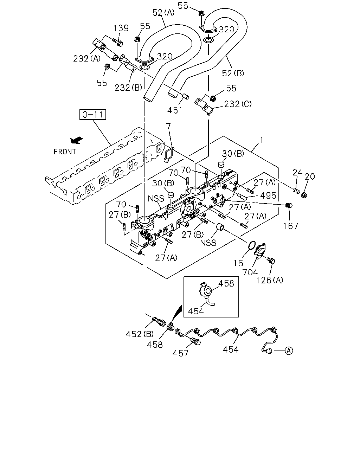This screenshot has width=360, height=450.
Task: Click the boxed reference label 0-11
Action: coord(92,114)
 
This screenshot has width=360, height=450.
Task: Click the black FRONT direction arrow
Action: coord(77,140)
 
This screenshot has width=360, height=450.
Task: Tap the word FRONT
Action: coord(65,152)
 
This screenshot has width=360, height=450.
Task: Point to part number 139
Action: coord(121,28)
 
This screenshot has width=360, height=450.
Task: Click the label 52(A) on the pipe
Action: coord(163,13)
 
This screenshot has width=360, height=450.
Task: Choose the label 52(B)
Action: coord(233,73)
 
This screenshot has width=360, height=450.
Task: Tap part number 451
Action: coord(175,110)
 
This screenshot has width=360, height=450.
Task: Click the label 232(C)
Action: coord(238,104)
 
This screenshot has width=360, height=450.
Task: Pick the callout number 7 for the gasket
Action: coord(168,126)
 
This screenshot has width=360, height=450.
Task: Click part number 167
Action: coord(290,226)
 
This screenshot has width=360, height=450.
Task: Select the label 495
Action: coord(268,195)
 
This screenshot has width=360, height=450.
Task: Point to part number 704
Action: coord(250,272)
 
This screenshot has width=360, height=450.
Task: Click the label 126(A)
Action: coord(269,280)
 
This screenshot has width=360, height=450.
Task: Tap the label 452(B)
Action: coord(140,334)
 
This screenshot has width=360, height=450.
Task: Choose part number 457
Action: coord(180,353)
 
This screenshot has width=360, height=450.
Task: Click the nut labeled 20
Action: coord(304,195)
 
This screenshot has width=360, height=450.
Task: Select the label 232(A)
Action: coord(87,59)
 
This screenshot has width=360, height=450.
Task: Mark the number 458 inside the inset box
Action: coord(226,283)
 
